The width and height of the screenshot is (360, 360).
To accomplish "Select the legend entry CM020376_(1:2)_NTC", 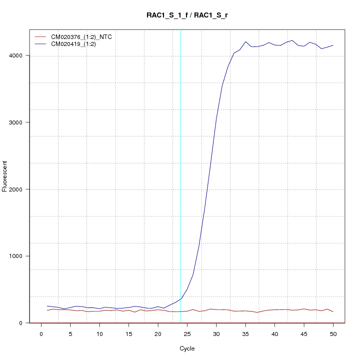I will [x=81, y=37].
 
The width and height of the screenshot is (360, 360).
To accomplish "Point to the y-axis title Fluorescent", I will [x=5, y=175].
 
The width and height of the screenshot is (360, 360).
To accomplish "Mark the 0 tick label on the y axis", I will [x=21, y=323].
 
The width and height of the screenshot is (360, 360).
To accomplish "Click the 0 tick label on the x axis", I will [x=41, y=333].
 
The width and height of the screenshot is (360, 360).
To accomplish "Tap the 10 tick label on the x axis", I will [x=99, y=333].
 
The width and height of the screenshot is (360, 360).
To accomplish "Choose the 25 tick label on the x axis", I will [x=187, y=333].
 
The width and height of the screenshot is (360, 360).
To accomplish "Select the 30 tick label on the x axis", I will [x=216, y=333].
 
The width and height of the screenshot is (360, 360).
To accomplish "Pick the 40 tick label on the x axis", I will [x=274, y=333].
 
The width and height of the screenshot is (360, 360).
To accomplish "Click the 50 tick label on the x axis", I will [x=333, y=333].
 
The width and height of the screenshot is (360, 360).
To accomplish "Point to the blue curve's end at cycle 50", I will [x=333, y=45].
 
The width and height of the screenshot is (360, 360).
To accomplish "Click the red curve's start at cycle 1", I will [x=47, y=310].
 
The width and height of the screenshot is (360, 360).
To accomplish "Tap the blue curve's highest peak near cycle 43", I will [x=292, y=40].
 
